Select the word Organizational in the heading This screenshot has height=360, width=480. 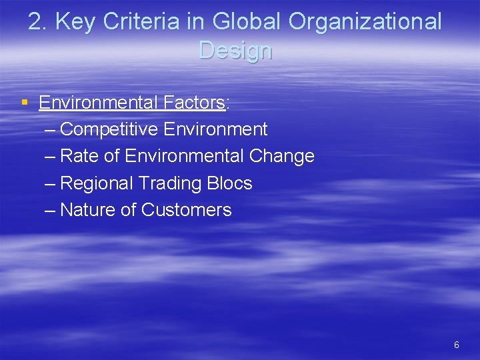(365, 22)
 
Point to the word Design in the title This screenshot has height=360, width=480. (235, 50)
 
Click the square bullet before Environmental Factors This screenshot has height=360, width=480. (25, 103)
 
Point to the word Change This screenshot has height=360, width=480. (281, 156)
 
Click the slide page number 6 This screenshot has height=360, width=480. (456, 345)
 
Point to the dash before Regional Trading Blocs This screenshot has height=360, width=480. (49, 183)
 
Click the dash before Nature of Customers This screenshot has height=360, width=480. (49, 210)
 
